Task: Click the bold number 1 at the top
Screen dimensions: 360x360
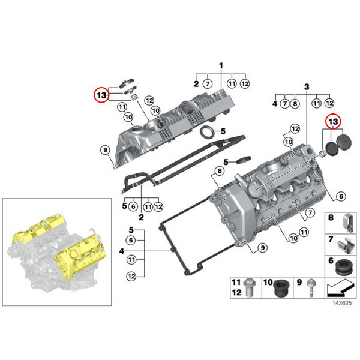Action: tap(221, 66)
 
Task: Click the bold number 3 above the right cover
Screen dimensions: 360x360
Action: tap(307, 87)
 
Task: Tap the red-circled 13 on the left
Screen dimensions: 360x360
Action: tap(101, 95)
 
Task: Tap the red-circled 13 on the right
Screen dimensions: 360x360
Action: tap(334, 121)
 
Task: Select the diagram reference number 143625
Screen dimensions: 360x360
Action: tap(342, 303)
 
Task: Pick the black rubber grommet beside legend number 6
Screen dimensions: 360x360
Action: tap(344, 267)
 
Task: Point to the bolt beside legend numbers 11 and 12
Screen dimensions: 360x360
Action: tap(248, 287)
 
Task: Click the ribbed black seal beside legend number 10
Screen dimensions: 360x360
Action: tap(281, 288)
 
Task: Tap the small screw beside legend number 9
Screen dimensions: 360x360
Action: tap(311, 287)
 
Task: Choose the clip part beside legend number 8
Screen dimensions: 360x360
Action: tap(348, 223)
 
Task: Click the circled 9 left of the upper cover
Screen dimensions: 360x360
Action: tap(105, 150)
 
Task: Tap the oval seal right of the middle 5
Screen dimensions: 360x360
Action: tap(244, 160)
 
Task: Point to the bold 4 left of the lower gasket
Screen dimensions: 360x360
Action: tap(121, 251)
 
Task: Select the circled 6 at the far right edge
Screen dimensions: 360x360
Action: tap(341, 196)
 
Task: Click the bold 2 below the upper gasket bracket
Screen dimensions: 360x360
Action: tap(141, 217)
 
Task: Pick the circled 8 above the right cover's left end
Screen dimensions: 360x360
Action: tap(220, 171)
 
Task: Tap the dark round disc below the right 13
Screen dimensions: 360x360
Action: tap(331, 149)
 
